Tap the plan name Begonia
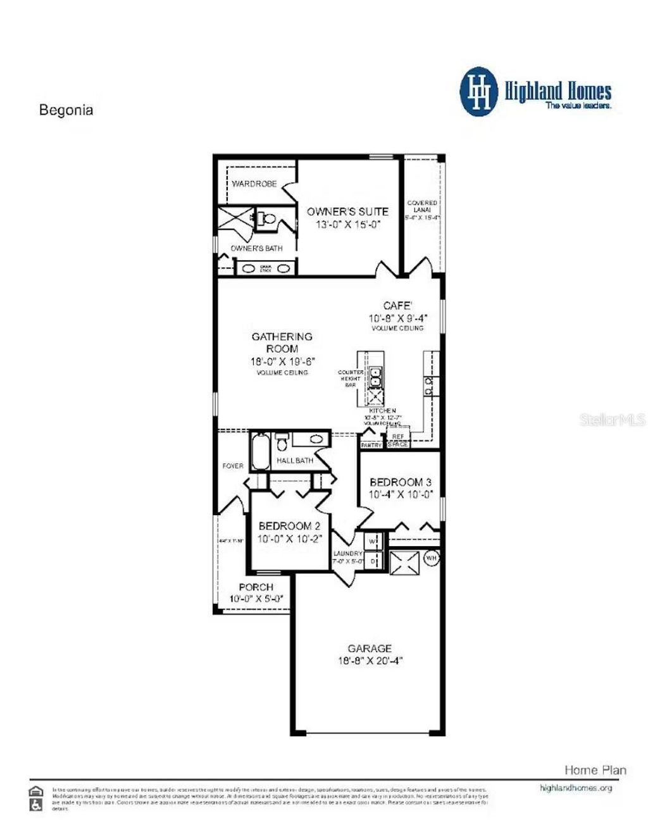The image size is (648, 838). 66,110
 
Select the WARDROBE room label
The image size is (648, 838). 254,184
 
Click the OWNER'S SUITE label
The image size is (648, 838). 347,211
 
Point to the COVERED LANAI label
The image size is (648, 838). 422,206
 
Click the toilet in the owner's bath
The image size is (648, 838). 268,218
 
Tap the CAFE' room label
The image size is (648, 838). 397,306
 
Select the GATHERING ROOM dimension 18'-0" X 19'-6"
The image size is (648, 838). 282,361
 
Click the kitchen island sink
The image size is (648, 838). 375,377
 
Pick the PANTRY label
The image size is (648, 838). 371,445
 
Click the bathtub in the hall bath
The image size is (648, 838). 259,451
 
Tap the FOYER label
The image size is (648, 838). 233,466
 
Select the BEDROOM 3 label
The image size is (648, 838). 401,482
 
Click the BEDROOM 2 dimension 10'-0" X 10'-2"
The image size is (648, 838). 289,539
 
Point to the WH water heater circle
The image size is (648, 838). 431,558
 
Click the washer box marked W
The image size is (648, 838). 373,542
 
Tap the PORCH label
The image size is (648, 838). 256,587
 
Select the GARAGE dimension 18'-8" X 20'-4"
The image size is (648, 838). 370,661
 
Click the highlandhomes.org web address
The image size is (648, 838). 576,788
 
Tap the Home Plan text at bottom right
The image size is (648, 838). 595,770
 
